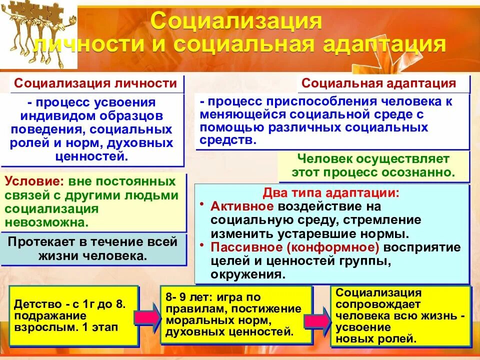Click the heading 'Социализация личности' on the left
click(95, 83)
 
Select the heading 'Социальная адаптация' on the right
click(379, 83)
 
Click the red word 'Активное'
click(242, 206)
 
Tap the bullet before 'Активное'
click(201, 205)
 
